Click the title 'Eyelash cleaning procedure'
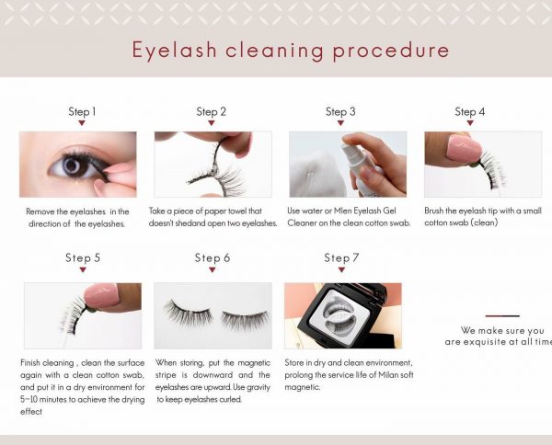point(290,49)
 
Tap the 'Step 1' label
point(82,112)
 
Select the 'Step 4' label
point(469,112)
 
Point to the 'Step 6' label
point(213,258)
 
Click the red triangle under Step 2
point(212,123)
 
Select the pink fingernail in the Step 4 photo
point(460,146)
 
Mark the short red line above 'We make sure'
point(502,316)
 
